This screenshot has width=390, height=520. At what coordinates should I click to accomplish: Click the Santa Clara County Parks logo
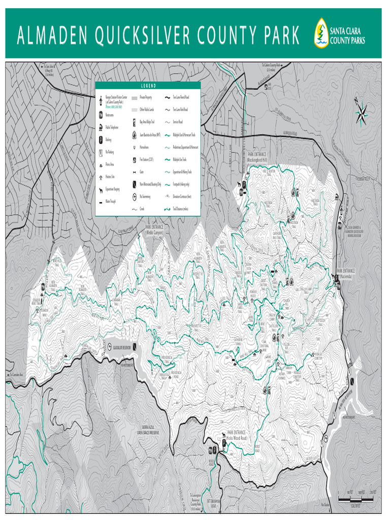coord(339,34)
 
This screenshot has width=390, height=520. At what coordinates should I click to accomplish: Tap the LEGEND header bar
coord(148,85)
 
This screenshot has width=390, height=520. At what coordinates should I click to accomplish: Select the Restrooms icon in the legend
coord(101,116)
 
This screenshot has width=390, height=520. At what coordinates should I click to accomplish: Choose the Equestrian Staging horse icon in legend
coord(101,189)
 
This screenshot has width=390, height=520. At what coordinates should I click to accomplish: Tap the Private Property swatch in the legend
coord(135,97)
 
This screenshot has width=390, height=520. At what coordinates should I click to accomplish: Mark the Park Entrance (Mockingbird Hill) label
coord(261,157)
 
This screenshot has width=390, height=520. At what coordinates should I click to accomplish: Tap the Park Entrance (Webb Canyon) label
coord(155,230)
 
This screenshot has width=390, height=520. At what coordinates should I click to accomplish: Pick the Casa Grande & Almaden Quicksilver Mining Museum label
coord(357,232)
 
